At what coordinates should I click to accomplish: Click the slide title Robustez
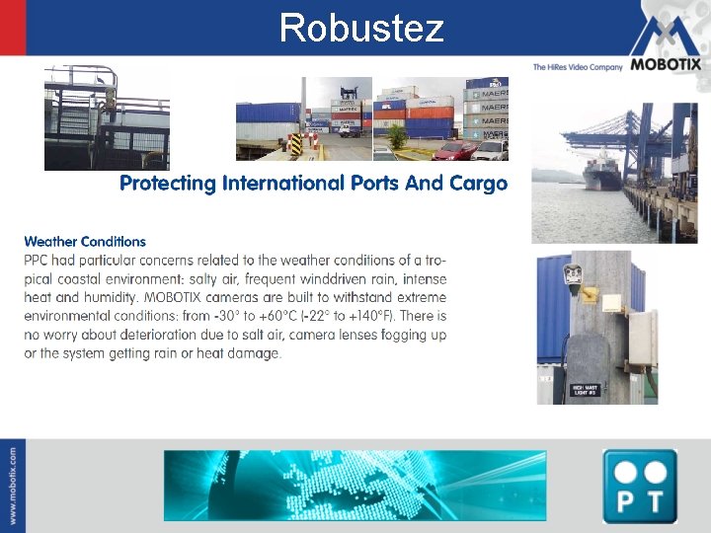361,28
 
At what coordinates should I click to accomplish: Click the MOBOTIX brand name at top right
665,65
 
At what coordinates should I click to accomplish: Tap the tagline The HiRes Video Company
578,67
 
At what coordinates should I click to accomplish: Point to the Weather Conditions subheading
85,241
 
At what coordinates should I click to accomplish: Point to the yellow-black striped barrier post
294,145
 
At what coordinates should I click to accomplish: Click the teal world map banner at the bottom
355,485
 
